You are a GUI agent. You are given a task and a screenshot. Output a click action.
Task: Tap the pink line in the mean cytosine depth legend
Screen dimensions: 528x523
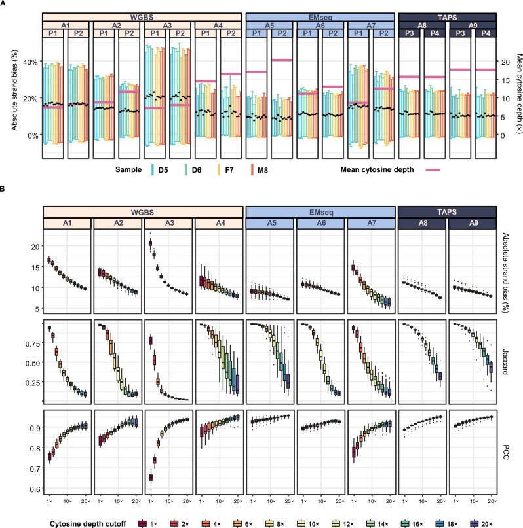point(433,170)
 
